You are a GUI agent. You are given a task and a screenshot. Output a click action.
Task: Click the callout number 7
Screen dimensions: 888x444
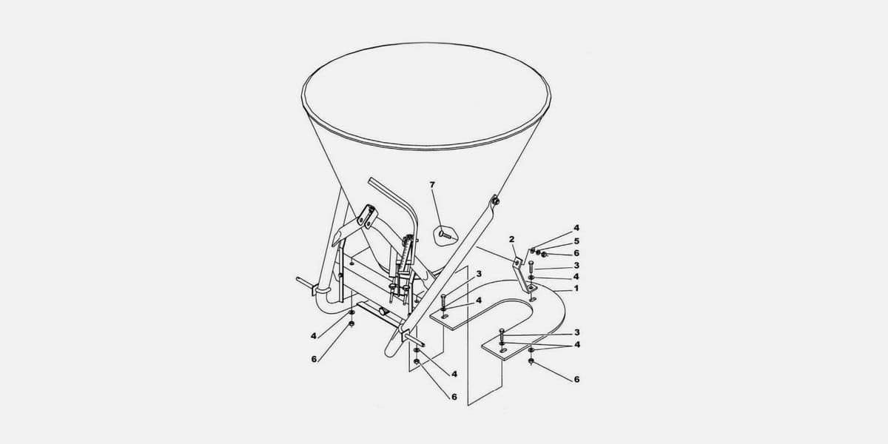(432, 185)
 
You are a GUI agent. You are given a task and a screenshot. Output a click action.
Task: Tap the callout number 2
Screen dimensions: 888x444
(512, 240)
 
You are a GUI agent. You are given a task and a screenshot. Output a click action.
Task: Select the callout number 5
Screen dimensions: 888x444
(576, 241)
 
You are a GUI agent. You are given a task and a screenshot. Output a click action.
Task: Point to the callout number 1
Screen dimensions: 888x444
(576, 288)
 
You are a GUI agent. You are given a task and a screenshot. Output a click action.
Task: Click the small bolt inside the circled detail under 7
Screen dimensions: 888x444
(445, 235)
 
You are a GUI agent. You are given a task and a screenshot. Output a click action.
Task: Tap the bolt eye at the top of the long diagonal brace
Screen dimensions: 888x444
(495, 200)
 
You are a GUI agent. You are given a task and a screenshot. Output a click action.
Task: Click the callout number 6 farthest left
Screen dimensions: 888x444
(314, 359)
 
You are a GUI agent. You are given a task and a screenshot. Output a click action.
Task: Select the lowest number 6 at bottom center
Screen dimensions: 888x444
(454, 397)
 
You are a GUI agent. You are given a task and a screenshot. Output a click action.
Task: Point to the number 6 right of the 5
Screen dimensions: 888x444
(576, 253)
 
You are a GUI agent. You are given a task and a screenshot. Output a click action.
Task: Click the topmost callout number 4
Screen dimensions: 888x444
(576, 228)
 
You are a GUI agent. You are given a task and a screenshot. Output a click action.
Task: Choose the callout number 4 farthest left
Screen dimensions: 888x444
(314, 336)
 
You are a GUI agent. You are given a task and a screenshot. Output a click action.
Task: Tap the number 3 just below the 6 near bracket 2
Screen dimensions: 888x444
(576, 265)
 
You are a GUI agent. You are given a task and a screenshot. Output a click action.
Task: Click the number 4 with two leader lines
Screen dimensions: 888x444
(577, 345)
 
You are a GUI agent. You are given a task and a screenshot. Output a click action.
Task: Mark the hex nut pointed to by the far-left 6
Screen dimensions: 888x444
(351, 324)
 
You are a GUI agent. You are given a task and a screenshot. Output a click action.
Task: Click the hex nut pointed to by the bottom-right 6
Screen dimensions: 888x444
(531, 361)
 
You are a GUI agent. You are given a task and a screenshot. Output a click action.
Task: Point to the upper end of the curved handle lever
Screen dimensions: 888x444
(370, 181)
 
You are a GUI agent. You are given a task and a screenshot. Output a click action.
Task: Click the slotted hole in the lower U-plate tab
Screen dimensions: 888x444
(503, 350)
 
